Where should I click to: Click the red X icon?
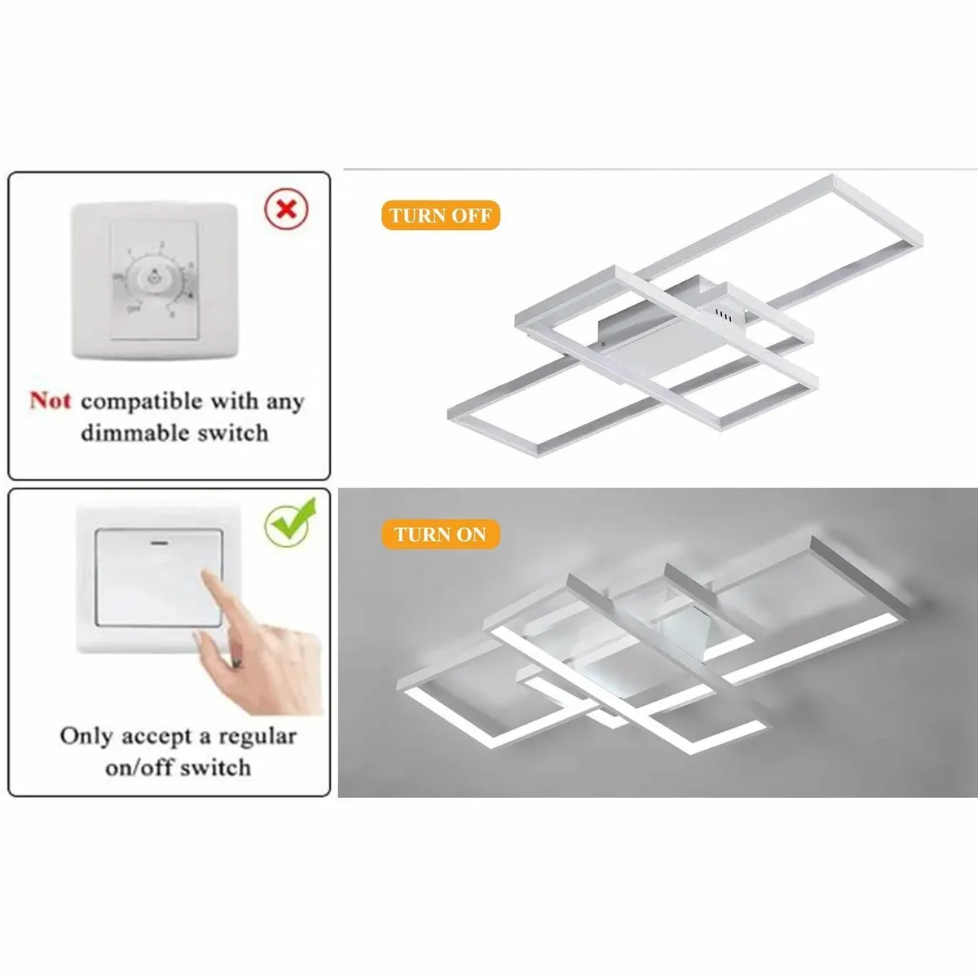(286, 209)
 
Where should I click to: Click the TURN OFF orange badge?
(440, 216)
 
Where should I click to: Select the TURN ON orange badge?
(440, 535)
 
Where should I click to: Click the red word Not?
(51, 401)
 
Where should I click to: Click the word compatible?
(141, 402)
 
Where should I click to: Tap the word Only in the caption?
(86, 736)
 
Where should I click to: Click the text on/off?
(139, 768)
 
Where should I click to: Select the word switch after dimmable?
(231, 433)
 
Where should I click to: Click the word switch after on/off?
(215, 768)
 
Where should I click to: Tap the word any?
(284, 403)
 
